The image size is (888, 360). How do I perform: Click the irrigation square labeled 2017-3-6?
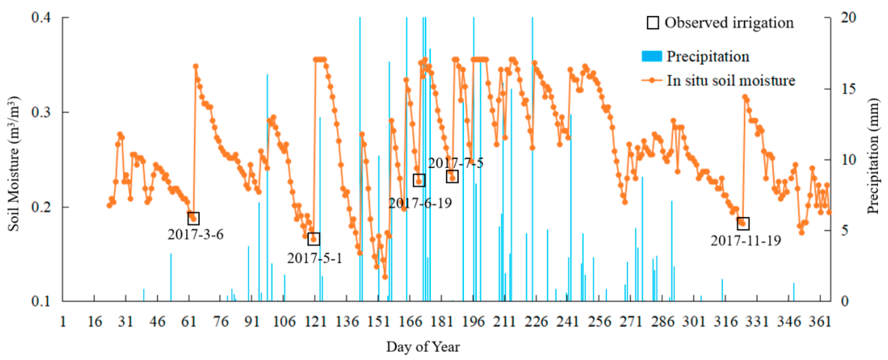[193, 218]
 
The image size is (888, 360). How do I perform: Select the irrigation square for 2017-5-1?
[314, 239]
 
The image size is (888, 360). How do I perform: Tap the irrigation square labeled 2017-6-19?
[419, 180]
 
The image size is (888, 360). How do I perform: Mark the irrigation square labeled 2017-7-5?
[452, 177]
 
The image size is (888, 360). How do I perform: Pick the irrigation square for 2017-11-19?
[743, 223]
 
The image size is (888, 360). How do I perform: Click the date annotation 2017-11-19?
[746, 241]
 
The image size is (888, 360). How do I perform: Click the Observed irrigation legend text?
[729, 23]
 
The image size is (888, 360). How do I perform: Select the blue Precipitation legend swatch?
[651, 56]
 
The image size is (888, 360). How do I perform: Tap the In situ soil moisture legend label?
[731, 81]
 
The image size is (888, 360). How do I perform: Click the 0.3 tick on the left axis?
[41, 112]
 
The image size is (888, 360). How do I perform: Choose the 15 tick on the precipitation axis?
[848, 89]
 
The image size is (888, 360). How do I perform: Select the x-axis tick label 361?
[820, 322]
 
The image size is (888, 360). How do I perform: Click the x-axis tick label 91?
[252, 322]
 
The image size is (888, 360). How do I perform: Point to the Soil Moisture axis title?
[14, 164]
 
